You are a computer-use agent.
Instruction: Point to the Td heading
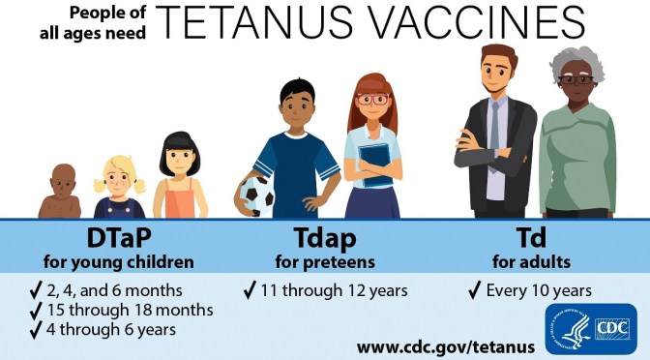pyautogui.click(x=529, y=239)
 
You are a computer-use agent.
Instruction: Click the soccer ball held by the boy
pyautogui.click(x=256, y=195)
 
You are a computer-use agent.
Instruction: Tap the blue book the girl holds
pyautogui.click(x=375, y=165)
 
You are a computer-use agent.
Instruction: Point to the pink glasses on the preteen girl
pyautogui.click(x=371, y=99)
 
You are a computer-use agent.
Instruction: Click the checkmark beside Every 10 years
pyautogui.click(x=474, y=289)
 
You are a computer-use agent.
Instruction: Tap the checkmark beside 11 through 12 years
pyautogui.click(x=251, y=289)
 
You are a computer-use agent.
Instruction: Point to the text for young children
pyautogui.click(x=117, y=261)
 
